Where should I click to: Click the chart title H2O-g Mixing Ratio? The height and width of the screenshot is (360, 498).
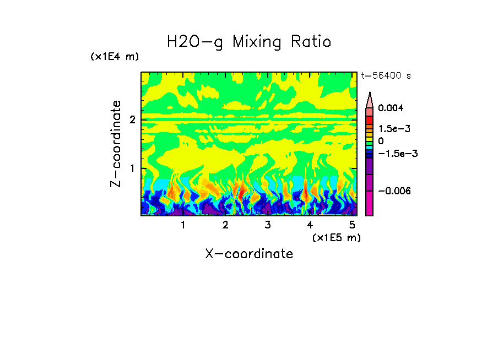point(248,42)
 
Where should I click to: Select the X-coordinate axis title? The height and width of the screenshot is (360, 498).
point(249,254)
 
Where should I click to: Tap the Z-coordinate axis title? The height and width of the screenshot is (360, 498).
point(116,144)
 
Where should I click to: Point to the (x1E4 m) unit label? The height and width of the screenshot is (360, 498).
point(115,57)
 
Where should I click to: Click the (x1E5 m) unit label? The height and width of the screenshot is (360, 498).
point(336,238)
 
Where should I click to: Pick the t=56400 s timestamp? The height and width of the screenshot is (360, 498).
point(386,76)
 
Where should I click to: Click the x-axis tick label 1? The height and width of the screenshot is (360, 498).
point(183,225)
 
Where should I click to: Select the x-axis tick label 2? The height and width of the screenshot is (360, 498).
point(225,225)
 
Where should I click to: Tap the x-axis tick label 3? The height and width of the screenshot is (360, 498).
point(267,225)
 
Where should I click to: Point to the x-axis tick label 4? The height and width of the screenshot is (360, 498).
point(310,225)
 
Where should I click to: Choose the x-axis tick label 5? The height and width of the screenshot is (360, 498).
point(351,225)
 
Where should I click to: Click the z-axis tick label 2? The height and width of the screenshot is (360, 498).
point(132,119)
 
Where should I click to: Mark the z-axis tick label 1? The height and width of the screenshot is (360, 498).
point(132,168)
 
